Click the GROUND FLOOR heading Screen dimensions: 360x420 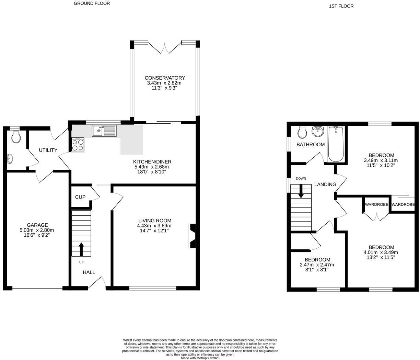92,3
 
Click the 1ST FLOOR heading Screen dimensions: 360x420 341,6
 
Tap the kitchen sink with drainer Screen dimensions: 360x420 104,131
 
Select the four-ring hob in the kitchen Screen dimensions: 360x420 78,144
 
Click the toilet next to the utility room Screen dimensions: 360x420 16,137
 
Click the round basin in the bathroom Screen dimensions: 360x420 318,131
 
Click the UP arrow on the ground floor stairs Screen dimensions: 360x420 81,249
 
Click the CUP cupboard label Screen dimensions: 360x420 80,197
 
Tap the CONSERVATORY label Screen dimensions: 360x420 165,78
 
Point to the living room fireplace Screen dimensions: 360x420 192,236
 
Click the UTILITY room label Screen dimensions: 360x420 48,150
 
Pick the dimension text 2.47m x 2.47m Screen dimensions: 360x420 317,265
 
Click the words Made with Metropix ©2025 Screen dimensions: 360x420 200,358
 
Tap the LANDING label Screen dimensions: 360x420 325,184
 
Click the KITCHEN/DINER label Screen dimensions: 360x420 152,162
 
